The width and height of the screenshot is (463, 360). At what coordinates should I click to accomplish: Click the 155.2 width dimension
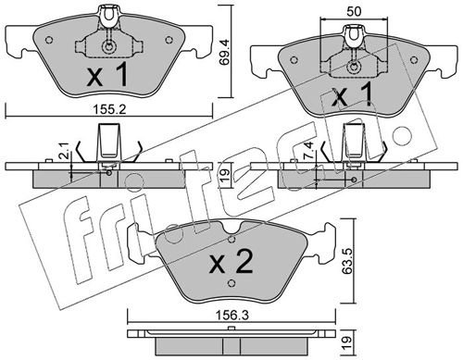[x=109, y=110]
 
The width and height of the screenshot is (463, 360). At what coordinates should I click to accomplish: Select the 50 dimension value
[x=354, y=12]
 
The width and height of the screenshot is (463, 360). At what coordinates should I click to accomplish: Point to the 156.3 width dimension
[x=231, y=316]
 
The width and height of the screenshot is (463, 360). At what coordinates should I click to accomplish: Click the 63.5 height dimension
[x=347, y=261]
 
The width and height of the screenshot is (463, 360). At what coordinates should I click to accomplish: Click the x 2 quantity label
[x=231, y=262]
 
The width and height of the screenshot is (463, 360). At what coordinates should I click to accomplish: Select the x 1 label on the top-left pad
[x=107, y=74]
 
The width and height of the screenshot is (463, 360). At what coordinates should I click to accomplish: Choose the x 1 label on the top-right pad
[x=352, y=95]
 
